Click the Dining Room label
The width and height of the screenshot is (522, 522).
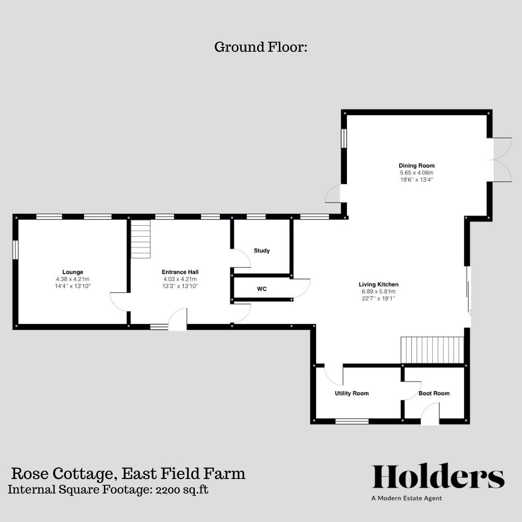pos(416,166)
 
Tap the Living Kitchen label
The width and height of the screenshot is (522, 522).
pos(378,284)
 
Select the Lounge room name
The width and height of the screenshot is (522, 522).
pos(72,272)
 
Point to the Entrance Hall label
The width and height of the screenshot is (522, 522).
pos(180,272)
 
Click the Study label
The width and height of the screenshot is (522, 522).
pos(261,251)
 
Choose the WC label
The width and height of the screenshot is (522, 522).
pos(261,289)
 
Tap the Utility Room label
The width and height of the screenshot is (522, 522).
pos(351,393)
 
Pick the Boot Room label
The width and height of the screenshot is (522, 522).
pos(434,393)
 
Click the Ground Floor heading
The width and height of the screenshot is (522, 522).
pos(261,47)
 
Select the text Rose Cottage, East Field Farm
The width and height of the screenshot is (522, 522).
pos(128,473)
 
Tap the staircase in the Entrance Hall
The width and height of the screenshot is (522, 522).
pos(141,239)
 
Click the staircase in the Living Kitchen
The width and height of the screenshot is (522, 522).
pos(432,350)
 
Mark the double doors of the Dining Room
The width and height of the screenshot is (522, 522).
pos(501,160)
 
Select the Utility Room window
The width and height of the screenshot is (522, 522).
pos(352,421)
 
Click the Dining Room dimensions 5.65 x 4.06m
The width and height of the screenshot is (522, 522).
pos(416,173)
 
